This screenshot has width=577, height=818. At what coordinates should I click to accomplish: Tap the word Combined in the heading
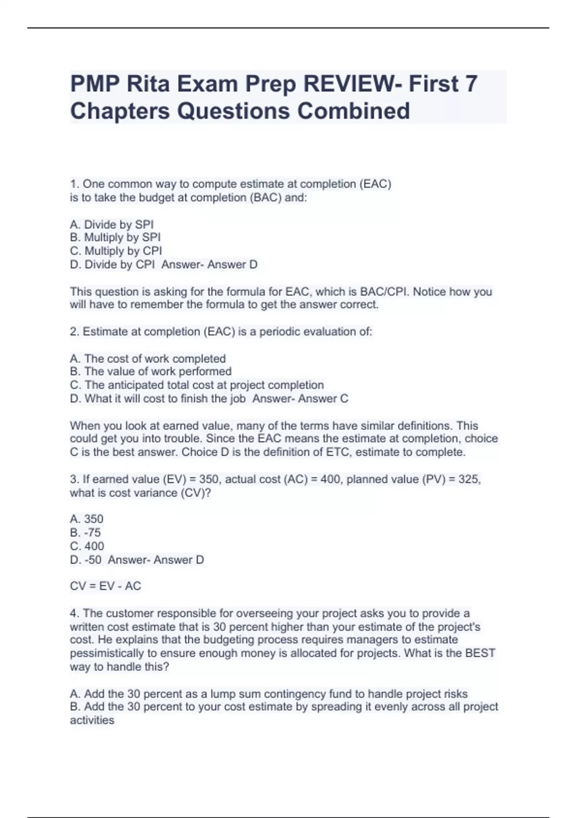[x=353, y=111]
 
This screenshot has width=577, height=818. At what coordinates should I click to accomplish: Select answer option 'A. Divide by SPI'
[x=112, y=225]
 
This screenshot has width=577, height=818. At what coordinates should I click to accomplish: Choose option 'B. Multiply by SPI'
[x=115, y=238]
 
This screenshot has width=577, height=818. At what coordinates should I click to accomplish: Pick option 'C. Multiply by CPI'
[x=116, y=251]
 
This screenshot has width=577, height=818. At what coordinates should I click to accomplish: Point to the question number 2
[x=74, y=332]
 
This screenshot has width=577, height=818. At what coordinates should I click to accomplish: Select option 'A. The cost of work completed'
[x=148, y=359]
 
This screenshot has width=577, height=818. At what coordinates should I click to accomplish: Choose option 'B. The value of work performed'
[x=151, y=372]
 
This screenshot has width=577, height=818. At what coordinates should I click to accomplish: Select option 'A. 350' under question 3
[x=87, y=519]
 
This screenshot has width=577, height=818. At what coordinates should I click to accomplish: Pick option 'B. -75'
[x=86, y=533]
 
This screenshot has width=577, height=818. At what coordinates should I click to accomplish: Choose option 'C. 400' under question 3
[x=87, y=546]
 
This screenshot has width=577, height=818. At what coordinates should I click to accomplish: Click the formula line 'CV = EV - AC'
[x=105, y=586]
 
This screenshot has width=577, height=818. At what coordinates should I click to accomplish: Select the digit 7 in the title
[x=471, y=84]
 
